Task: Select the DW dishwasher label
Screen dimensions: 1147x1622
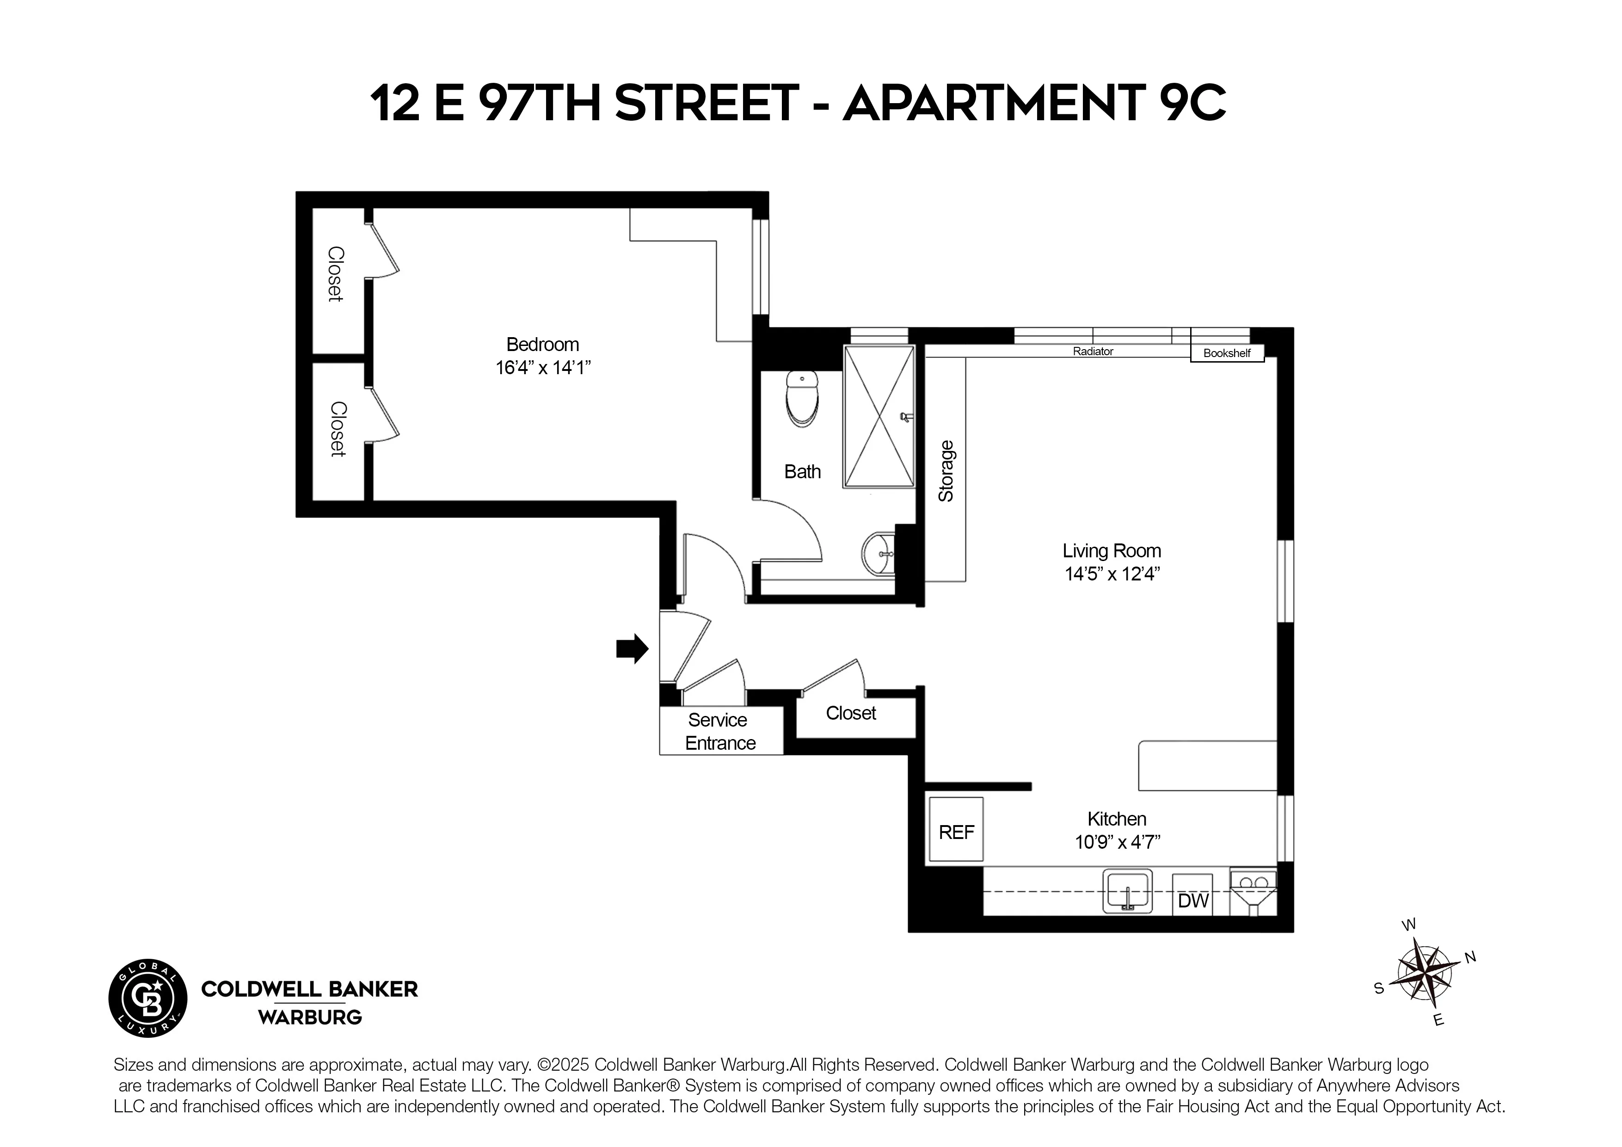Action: [x=1193, y=900]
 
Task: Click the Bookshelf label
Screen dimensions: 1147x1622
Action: [x=1227, y=352]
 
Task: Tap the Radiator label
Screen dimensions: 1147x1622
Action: [x=1093, y=351]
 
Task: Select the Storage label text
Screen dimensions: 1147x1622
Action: [x=946, y=471]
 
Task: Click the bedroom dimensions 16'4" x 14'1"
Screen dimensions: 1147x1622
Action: [x=542, y=368]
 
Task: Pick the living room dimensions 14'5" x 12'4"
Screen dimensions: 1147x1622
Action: [x=1112, y=574]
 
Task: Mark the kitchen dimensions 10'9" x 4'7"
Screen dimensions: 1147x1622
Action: [x=1118, y=842]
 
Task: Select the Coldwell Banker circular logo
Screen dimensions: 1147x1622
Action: [x=147, y=999]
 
